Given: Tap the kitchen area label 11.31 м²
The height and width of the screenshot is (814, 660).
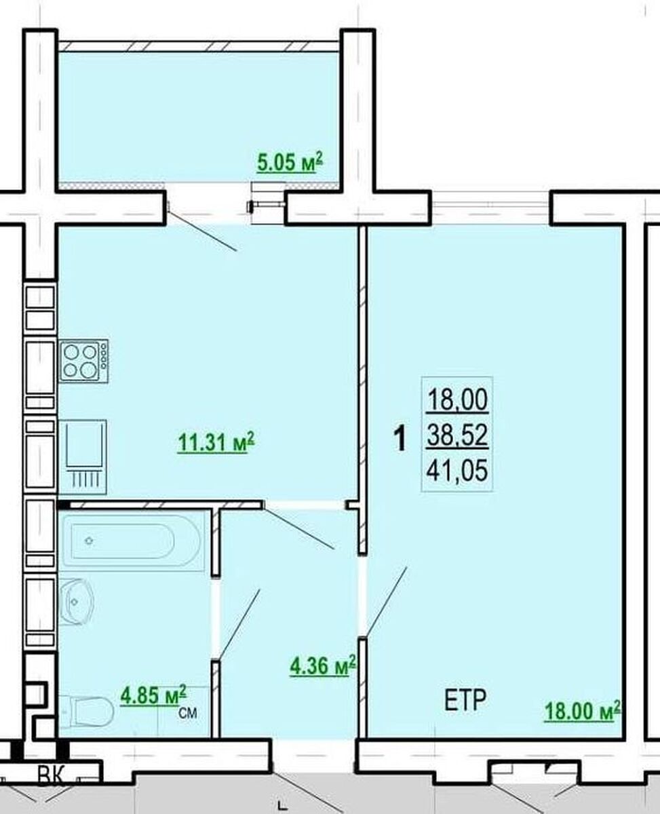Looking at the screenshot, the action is pyautogui.click(x=216, y=442).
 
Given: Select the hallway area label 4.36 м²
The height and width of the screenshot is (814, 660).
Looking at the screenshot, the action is pyautogui.click(x=323, y=666).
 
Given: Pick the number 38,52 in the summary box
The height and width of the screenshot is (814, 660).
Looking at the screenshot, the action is pyautogui.click(x=457, y=435).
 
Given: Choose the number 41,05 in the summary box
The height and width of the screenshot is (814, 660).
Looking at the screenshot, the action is pyautogui.click(x=457, y=470).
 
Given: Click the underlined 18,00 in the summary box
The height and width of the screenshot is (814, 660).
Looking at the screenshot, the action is pyautogui.click(x=458, y=400).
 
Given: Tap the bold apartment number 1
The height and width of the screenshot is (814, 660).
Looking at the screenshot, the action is pyautogui.click(x=400, y=439).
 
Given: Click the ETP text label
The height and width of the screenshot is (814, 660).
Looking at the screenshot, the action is pyautogui.click(x=465, y=700).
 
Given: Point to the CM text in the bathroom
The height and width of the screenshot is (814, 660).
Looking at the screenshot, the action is pyautogui.click(x=188, y=713).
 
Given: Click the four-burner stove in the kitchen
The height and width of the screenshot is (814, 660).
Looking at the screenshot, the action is pyautogui.click(x=83, y=361).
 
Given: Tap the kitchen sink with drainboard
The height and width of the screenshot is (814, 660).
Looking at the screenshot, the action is pyautogui.click(x=83, y=457).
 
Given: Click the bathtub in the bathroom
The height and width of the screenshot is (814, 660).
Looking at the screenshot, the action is pyautogui.click(x=132, y=541).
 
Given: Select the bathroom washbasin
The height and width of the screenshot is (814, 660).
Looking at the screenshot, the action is pyautogui.click(x=77, y=602).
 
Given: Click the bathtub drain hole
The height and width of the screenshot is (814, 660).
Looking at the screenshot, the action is pyautogui.click(x=90, y=541).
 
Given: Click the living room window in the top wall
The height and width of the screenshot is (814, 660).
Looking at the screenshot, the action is pyautogui.click(x=490, y=208).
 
